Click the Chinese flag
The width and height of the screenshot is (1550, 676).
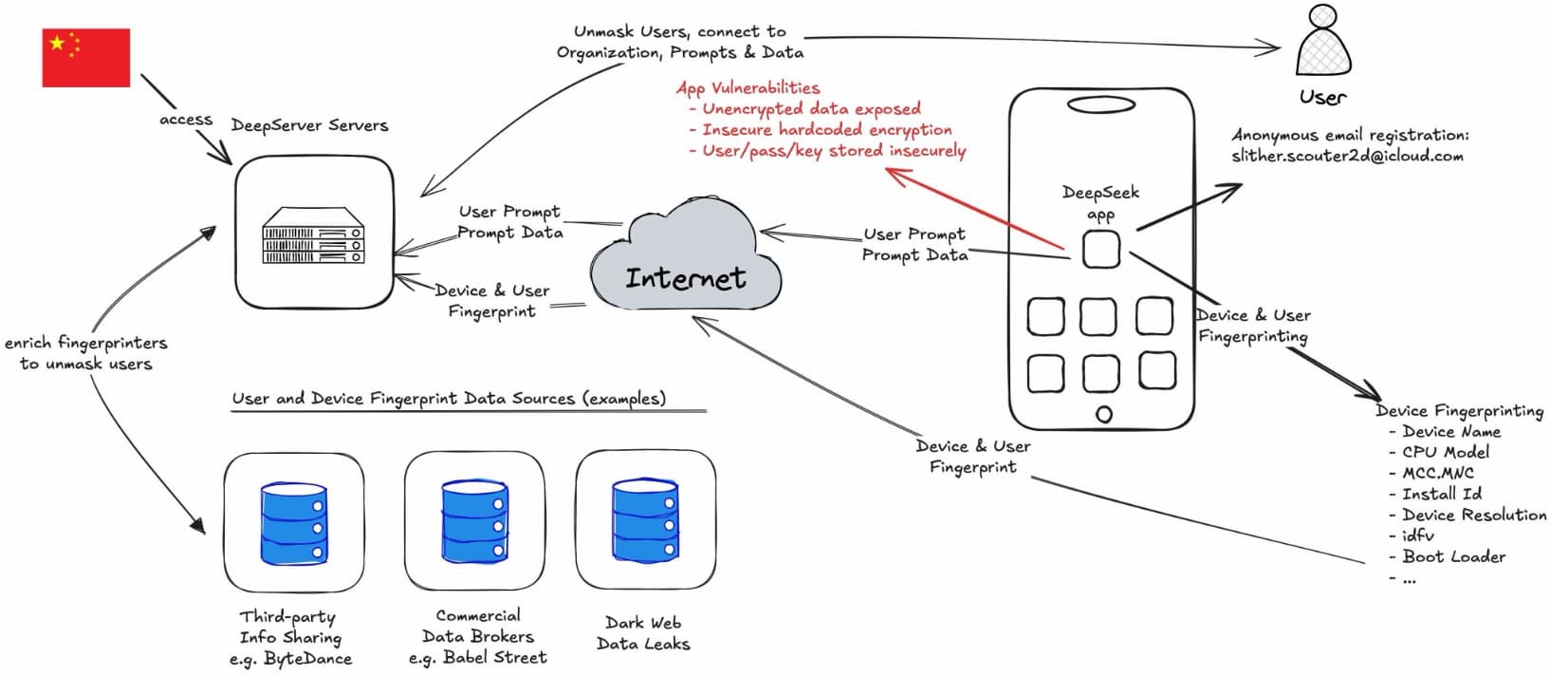coord(85,58)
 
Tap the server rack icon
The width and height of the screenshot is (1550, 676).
coord(313,235)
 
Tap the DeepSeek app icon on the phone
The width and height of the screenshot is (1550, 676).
coord(1101,250)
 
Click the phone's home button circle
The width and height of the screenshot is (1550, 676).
coord(1103,414)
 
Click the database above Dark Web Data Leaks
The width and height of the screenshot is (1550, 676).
coord(645,520)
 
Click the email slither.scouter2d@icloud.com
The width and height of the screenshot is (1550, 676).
coord(1347,156)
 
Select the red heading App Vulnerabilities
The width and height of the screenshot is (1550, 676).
coord(747,87)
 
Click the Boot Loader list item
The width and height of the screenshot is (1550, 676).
coord(1453,556)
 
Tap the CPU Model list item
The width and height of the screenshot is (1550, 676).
coord(1446,452)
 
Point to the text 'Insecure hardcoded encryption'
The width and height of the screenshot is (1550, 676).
coord(826,129)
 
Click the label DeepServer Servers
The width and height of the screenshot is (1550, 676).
coord(309,125)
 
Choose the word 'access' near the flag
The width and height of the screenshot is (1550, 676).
coord(186,120)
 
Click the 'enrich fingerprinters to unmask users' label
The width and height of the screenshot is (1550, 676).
coord(85,353)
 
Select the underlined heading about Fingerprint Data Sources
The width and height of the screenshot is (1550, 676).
coord(449,399)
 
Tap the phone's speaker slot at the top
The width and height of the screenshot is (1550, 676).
coord(1100,103)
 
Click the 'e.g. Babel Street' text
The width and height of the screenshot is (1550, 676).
coord(478,657)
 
